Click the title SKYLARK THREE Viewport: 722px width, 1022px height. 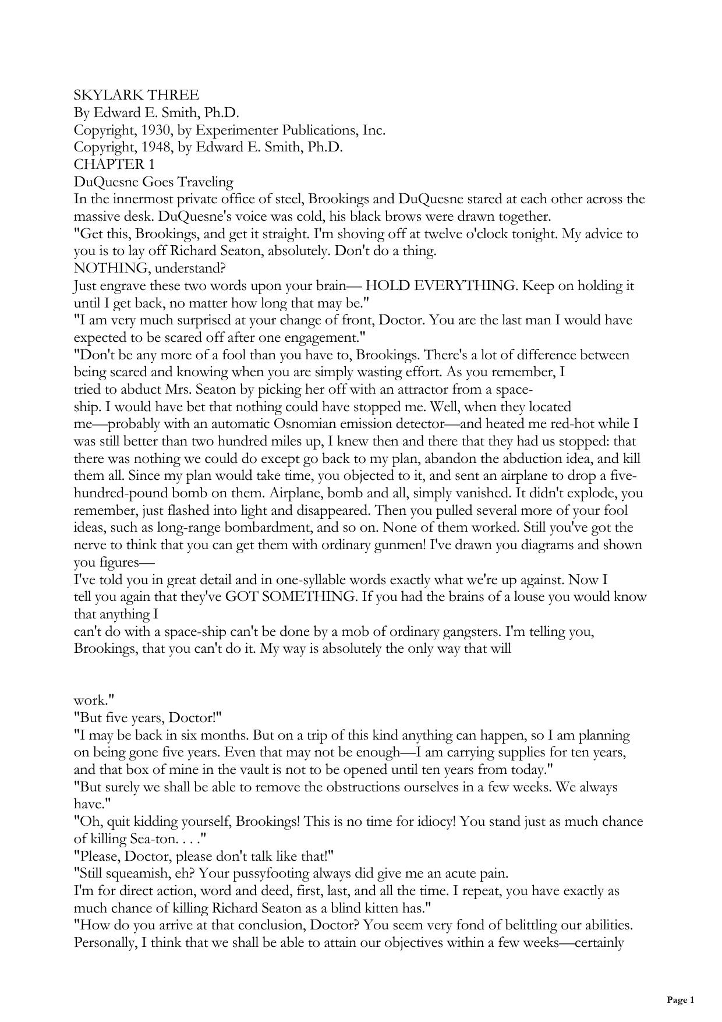[136, 95]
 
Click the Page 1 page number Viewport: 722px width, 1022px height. [680, 1000]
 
